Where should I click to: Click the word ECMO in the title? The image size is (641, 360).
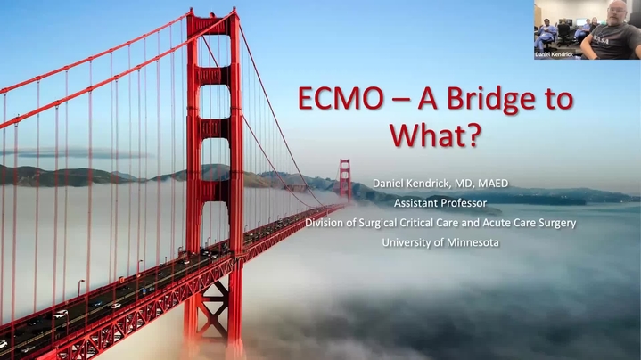(x=341, y=99)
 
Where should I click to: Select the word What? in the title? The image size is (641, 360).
(x=434, y=135)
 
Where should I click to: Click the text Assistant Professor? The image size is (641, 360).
(x=440, y=203)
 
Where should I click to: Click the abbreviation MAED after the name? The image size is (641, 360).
(x=493, y=184)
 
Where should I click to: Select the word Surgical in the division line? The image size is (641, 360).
(x=378, y=223)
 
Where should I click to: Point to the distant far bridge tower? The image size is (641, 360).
(x=345, y=179)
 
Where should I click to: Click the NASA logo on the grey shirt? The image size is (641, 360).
(x=600, y=41)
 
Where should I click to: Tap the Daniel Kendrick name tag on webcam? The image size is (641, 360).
(x=554, y=54)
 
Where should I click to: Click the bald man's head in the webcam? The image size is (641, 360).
(x=617, y=12)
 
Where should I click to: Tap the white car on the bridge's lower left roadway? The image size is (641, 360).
(x=61, y=314)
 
